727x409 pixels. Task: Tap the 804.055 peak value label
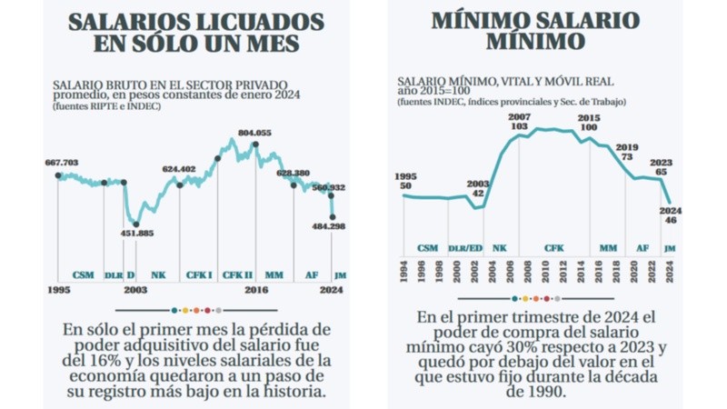[x=254, y=133]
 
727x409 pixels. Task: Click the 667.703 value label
[x=62, y=163]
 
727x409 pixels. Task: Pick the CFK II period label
[x=237, y=274]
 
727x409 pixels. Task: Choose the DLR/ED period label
[x=466, y=247]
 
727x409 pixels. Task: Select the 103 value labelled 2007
[x=519, y=126]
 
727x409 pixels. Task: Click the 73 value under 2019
[x=626, y=157]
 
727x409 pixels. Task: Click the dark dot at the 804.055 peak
[x=255, y=143]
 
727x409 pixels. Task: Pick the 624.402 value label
[x=179, y=169]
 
